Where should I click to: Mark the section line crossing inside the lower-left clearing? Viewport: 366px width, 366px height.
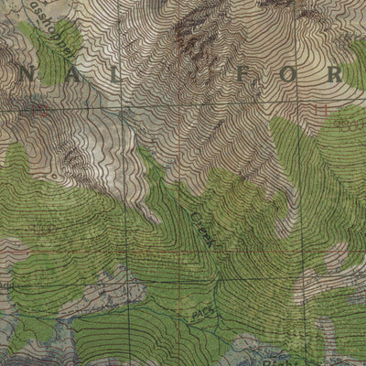(x=124, y=283)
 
